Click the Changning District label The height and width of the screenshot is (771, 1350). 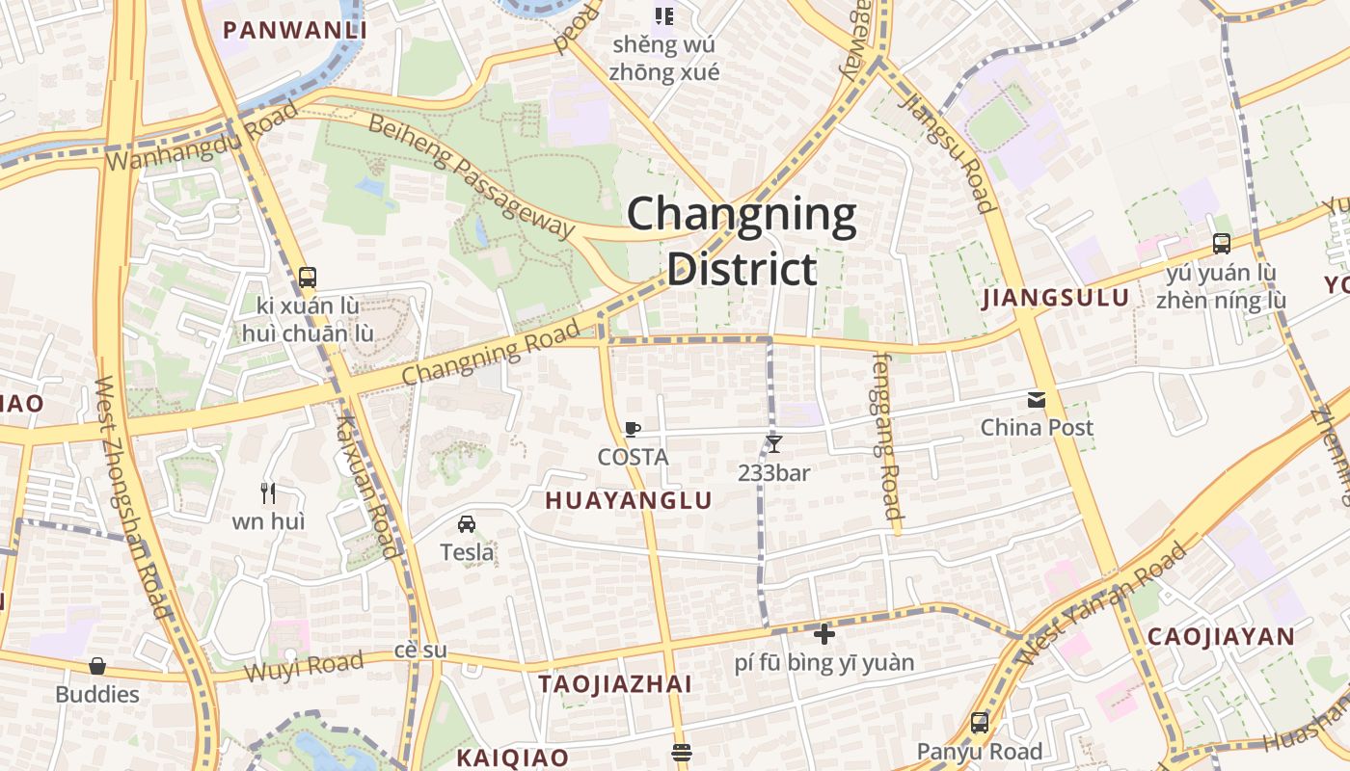tap(742, 241)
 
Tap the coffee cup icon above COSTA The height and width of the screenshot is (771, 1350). tap(633, 429)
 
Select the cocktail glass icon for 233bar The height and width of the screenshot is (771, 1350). tap(773, 444)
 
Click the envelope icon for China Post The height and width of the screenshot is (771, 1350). tap(1037, 400)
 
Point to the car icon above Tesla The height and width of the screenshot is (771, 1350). tap(467, 524)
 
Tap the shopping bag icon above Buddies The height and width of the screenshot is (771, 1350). tap(96, 666)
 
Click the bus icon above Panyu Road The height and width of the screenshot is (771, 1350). tap(980, 723)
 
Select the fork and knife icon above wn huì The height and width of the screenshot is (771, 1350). tap(268, 493)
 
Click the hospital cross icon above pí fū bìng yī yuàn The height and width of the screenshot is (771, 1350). tap(824, 634)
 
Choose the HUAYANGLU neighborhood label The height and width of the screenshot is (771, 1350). tap(629, 500)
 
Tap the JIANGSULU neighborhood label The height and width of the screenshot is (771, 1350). tap(1055, 298)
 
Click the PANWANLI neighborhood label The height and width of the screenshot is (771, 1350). tap(295, 30)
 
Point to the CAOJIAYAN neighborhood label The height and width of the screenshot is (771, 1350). tap(1221, 636)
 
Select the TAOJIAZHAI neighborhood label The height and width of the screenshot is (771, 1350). tap(615, 684)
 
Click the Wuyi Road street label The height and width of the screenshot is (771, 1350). tap(303, 665)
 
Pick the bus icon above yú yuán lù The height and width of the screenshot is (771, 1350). tap(1222, 244)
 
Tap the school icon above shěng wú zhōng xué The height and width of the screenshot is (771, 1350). tap(664, 15)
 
